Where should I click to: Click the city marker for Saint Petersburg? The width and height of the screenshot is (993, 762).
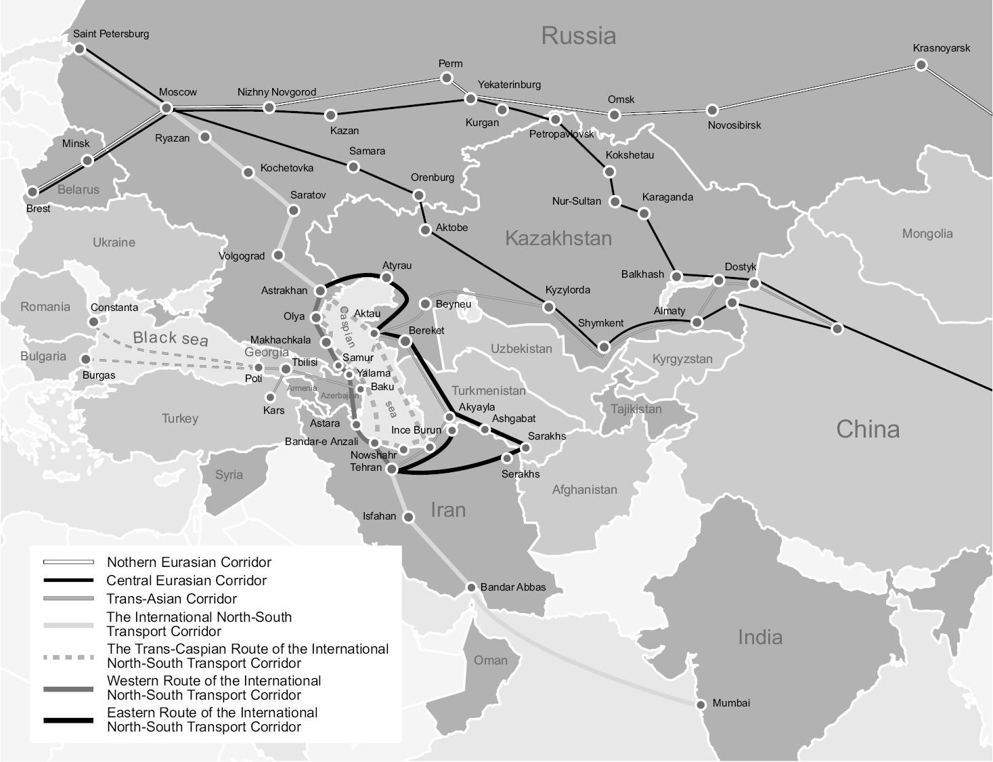[80, 49]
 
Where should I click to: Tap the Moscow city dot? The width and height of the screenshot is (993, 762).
[167, 108]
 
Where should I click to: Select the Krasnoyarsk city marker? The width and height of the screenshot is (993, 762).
[921, 65]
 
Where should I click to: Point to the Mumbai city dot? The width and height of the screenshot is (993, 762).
[701, 704]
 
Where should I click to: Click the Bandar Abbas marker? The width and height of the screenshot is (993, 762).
[472, 587]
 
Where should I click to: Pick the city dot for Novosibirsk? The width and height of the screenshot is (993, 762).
[712, 110]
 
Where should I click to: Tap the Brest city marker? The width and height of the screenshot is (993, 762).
[32, 192]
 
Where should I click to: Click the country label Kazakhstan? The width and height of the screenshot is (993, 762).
[558, 238]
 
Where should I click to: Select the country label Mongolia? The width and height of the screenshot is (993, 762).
[927, 234]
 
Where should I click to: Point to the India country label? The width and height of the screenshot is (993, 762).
[759, 637]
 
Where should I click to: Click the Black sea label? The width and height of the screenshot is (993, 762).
[171, 338]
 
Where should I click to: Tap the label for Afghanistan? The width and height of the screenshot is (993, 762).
[584, 490]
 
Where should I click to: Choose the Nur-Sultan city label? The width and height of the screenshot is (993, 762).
[576, 201]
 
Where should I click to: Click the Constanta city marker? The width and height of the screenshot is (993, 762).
[94, 322]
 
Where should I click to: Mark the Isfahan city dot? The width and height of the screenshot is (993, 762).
[409, 517]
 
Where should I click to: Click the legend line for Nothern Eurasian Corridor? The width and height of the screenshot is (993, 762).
[68, 562]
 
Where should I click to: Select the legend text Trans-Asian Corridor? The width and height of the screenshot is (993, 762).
[171, 599]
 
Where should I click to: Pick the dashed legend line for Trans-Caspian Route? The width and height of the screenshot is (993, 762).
[68, 656]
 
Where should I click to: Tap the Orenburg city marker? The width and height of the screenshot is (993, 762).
[418, 195]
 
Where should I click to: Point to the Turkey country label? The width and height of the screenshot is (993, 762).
[180, 419]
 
